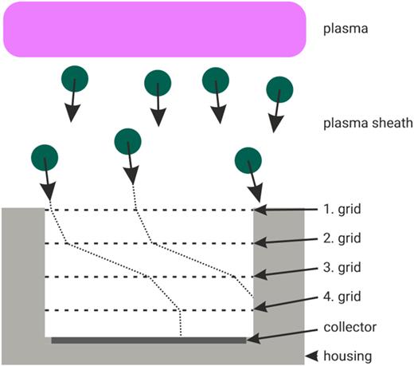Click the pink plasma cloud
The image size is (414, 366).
[x=156, y=29]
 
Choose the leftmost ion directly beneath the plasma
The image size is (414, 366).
[x=75, y=78]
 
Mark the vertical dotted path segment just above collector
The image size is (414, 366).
[x=181, y=323]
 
